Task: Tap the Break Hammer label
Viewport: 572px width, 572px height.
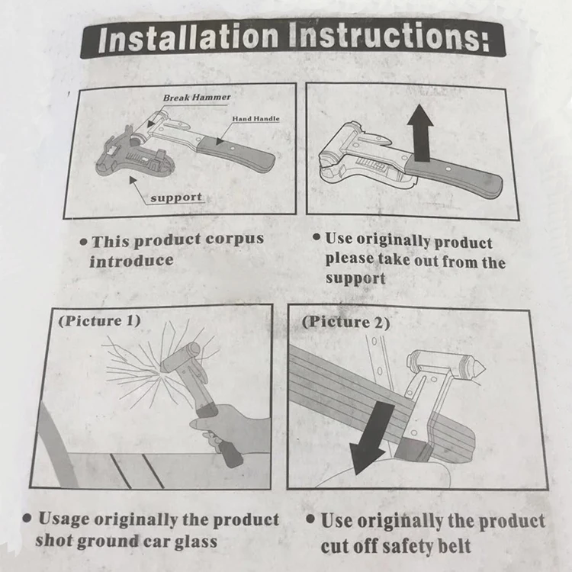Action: (197, 98)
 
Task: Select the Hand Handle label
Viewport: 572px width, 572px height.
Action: (255, 118)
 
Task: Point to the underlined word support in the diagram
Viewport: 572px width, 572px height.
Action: (176, 198)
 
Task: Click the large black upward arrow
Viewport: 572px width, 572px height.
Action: (420, 133)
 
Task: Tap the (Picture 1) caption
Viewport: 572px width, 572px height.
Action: (99, 321)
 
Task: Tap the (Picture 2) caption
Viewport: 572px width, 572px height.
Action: (345, 322)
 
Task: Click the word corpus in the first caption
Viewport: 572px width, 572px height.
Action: (234, 239)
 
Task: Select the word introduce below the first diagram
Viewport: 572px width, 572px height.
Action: (131, 261)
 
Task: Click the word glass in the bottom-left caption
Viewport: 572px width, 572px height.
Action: (195, 542)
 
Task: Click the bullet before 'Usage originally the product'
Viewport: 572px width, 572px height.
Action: (27, 518)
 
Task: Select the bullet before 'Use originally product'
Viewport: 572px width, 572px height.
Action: (317, 237)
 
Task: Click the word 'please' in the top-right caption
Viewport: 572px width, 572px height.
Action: (349, 259)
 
